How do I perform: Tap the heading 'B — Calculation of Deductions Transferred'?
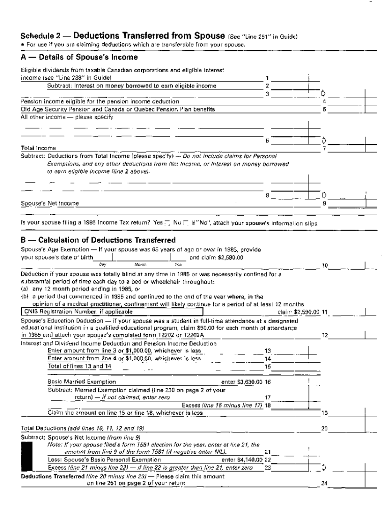tap(98, 240)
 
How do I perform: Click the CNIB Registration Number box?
tap(112, 311)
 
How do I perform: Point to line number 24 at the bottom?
tap(324, 483)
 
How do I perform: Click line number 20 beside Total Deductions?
tap(324, 429)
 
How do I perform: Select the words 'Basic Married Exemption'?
tap(81, 382)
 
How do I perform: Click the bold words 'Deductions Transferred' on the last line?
tap(52, 476)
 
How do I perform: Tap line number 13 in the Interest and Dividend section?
tap(268, 351)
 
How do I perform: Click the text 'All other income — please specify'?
tap(66, 117)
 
